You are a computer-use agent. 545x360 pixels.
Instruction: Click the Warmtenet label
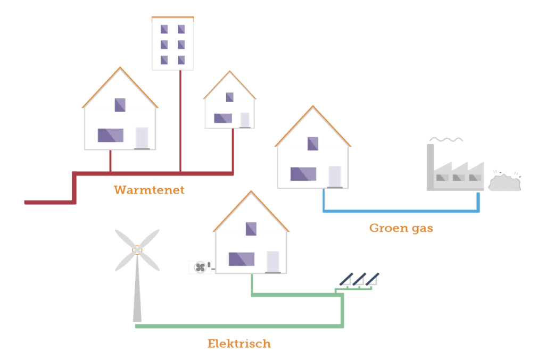coord(149,190)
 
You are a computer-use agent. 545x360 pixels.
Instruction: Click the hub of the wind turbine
coord(137,249)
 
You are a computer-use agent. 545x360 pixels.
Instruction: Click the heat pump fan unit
coord(200,267)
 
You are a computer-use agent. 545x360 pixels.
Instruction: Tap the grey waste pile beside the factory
coord(505,182)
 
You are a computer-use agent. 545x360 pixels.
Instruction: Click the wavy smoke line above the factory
coord(445,140)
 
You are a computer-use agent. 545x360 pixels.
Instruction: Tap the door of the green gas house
coord(335,177)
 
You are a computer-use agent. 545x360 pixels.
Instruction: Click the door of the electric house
coord(273,262)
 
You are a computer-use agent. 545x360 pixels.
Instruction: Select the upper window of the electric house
coord(251,229)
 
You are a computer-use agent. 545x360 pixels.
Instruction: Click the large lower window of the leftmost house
coord(111,135)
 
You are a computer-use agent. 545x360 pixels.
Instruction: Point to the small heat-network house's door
coord(244,120)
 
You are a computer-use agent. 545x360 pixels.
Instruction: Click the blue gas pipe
coord(399,211)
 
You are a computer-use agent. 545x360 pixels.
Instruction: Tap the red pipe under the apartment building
coord(180,122)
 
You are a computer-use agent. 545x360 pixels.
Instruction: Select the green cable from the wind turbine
coord(240,325)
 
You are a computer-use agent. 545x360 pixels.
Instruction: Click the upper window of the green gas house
coord(313,144)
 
